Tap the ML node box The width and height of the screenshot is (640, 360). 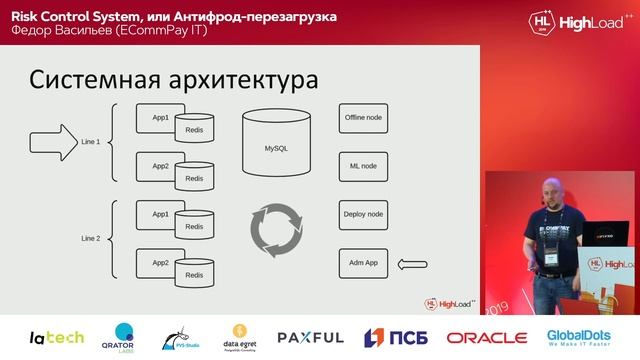[x=362, y=166]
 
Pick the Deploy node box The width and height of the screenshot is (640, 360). [x=362, y=214]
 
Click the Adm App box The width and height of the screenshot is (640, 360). [x=362, y=263]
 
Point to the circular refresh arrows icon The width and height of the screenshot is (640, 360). [x=275, y=230]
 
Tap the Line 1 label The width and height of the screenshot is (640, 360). [x=91, y=142]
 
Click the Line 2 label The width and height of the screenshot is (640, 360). [x=91, y=239]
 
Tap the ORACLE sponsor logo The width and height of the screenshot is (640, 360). [x=486, y=338]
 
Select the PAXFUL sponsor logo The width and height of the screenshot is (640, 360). [x=310, y=338]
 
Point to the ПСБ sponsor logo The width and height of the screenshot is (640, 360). [x=398, y=338]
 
